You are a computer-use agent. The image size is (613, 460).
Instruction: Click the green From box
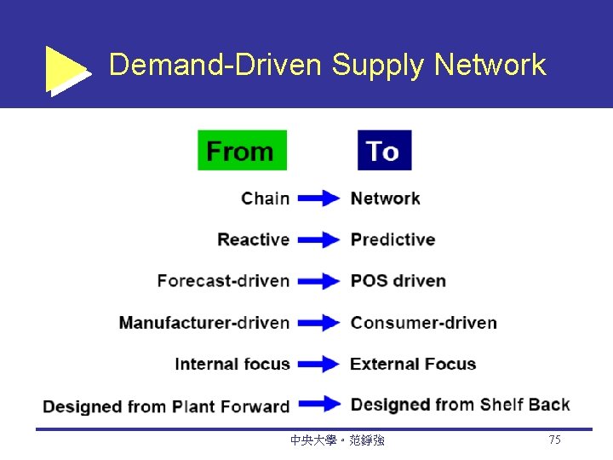(242, 150)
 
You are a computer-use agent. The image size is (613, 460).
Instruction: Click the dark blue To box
(384, 150)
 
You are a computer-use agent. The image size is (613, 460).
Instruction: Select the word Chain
(265, 198)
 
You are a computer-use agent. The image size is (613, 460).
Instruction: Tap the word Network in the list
(385, 198)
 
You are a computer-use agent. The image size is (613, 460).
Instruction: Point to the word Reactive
(253, 239)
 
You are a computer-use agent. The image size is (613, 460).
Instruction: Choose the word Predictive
(392, 239)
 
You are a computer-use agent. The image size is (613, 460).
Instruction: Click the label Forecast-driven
(223, 281)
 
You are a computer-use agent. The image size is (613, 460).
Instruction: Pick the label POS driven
(398, 281)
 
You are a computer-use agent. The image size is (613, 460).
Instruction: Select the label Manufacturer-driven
(203, 323)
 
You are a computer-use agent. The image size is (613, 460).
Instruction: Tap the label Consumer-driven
(423, 323)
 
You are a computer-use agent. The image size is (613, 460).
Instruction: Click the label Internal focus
(232, 364)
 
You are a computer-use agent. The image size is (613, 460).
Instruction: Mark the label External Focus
(413, 364)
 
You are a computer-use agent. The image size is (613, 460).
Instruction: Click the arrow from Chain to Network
(319, 198)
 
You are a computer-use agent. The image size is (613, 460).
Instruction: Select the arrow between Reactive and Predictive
(319, 240)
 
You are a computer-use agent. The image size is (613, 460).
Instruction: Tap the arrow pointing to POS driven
(319, 281)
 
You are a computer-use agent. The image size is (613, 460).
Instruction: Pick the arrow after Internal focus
(319, 364)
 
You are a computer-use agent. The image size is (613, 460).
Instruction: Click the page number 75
(554, 440)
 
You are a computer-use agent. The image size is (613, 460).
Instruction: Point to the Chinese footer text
(337, 440)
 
